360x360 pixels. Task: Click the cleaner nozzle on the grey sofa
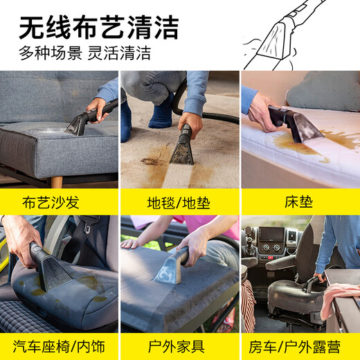click(x=78, y=123)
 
